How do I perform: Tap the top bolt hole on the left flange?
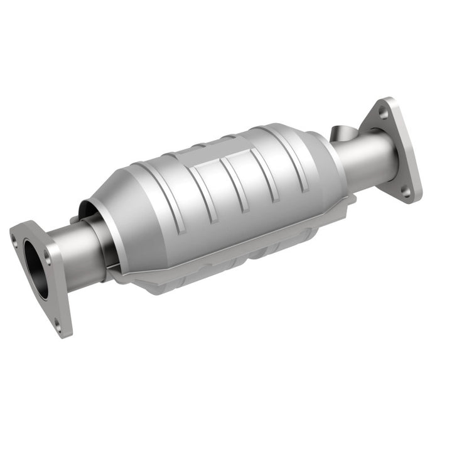pyautogui.click(x=14, y=237)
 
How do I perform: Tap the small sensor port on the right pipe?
pyautogui.click(x=341, y=134)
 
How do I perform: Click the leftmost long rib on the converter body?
pyautogui.click(x=182, y=207)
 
